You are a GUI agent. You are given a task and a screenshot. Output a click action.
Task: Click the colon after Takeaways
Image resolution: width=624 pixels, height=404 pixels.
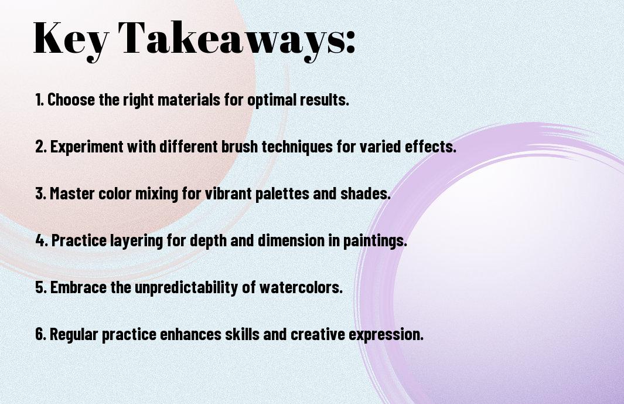pyautogui.click(x=350, y=42)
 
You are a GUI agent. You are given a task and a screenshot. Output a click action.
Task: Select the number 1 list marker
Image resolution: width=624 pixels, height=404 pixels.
pyautogui.click(x=39, y=100)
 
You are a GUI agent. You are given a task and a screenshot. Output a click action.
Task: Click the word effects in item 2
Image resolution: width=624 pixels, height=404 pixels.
pyautogui.click(x=430, y=146)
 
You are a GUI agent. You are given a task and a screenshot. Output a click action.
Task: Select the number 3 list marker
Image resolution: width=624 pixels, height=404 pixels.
pyautogui.click(x=40, y=193)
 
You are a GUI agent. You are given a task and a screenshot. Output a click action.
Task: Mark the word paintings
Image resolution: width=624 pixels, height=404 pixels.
pyautogui.click(x=375, y=241)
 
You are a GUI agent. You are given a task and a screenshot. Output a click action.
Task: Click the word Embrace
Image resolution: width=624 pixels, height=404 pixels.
pyautogui.click(x=79, y=287)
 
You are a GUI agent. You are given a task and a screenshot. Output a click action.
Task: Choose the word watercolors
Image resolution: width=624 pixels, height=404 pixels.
pyautogui.click(x=301, y=287)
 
